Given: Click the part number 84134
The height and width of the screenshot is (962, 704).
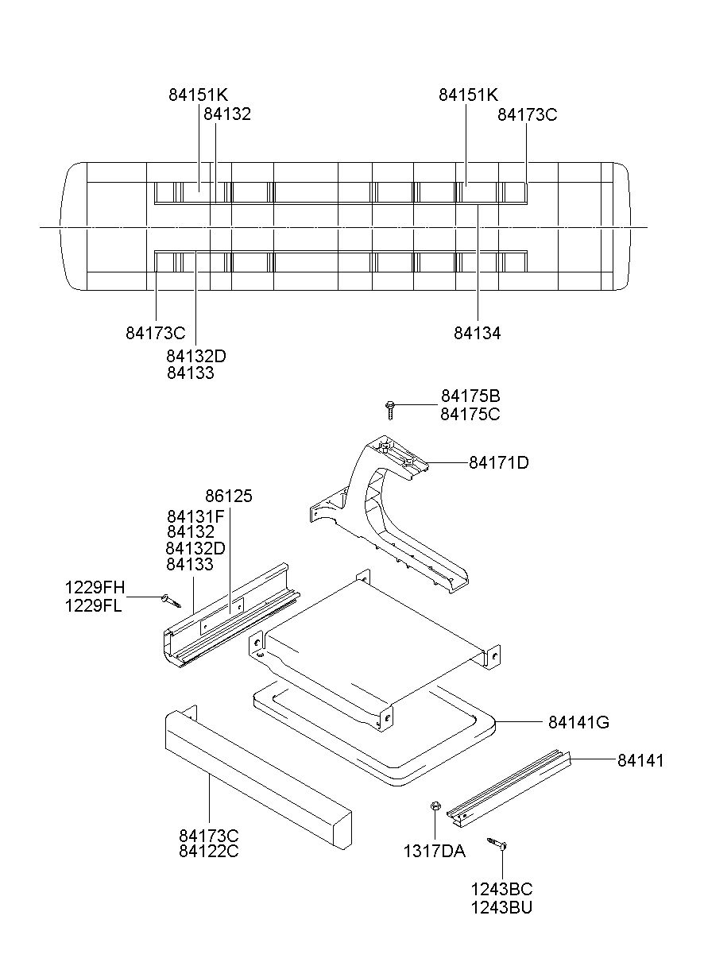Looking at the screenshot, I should point(478,334).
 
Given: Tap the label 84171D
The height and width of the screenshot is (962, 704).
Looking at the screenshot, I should point(498,462).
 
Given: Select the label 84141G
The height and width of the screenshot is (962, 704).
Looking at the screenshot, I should point(578,723).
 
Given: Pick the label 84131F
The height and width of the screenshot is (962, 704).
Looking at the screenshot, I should point(195,516).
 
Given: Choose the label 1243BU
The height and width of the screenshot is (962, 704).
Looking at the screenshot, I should point(501,906).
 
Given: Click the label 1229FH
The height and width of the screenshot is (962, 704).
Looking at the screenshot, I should point(95,589).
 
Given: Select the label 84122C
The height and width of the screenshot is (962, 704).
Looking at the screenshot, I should point(209,852).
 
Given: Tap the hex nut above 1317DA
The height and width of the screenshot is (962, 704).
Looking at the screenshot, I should point(435,808).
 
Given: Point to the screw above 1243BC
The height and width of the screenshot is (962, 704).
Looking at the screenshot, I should point(498,844).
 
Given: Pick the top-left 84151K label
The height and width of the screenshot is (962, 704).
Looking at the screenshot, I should point(198,95).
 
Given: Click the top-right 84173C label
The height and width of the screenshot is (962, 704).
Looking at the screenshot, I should point(528,114).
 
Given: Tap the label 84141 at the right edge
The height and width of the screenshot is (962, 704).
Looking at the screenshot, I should point(640,761).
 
